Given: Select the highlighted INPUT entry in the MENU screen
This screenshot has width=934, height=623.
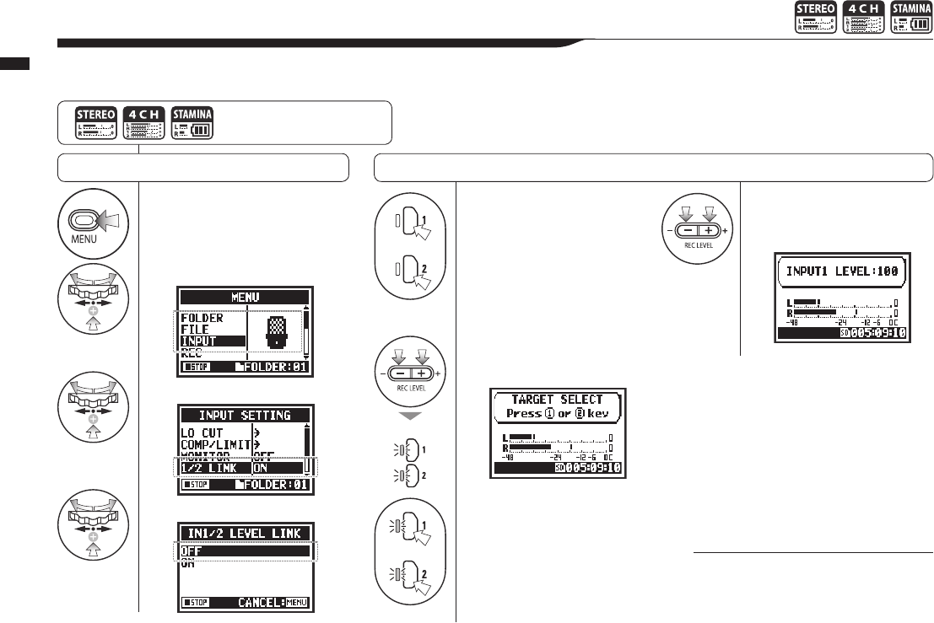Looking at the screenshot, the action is point(199,341).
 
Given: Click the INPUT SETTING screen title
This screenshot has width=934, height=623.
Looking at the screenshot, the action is point(245,416).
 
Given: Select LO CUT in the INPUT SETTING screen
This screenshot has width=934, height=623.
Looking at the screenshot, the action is point(202,432).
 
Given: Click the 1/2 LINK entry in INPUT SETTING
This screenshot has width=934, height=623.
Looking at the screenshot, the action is point(214,468).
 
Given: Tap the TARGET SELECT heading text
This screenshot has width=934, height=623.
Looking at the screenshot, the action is point(557,400).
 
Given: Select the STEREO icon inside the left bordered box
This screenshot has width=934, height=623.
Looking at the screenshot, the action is point(94,123).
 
